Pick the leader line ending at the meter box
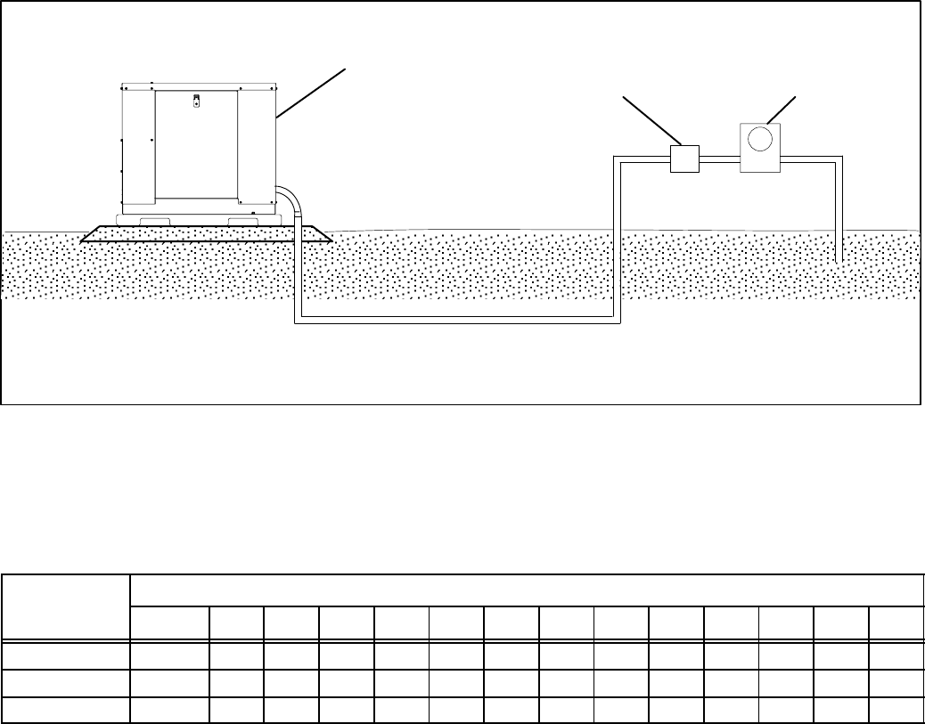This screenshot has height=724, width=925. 782,110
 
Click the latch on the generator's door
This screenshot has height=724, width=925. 197,102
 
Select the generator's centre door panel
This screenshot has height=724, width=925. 197,147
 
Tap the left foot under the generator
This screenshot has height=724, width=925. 157,221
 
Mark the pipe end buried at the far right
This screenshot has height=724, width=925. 839,256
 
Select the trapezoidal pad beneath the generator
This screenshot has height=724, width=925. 205,234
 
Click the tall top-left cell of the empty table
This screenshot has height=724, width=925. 66,606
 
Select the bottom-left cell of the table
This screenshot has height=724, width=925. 66,710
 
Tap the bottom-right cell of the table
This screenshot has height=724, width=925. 895,710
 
